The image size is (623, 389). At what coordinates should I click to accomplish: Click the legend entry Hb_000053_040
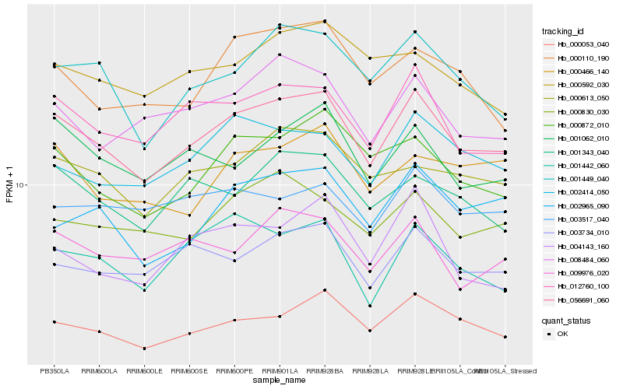pos(583,44)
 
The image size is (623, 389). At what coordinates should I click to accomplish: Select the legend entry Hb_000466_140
pos(583,71)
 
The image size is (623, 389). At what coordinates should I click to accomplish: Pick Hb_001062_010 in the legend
pos(583,138)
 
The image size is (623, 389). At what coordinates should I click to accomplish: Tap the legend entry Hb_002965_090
pos(583,205)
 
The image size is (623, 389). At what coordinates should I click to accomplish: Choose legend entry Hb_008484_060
pos(583,259)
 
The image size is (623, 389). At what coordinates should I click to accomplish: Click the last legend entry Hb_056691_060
pos(583,300)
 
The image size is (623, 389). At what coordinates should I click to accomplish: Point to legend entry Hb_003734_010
pos(583,232)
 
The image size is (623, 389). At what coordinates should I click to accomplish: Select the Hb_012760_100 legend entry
pos(583,286)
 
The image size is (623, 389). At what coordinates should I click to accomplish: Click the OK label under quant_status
pos(562,334)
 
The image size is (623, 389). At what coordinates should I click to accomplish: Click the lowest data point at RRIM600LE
pos(144,348)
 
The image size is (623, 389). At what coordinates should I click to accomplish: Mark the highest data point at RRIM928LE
pos(415,32)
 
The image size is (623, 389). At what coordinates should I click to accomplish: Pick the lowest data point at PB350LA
pos(54,321)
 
